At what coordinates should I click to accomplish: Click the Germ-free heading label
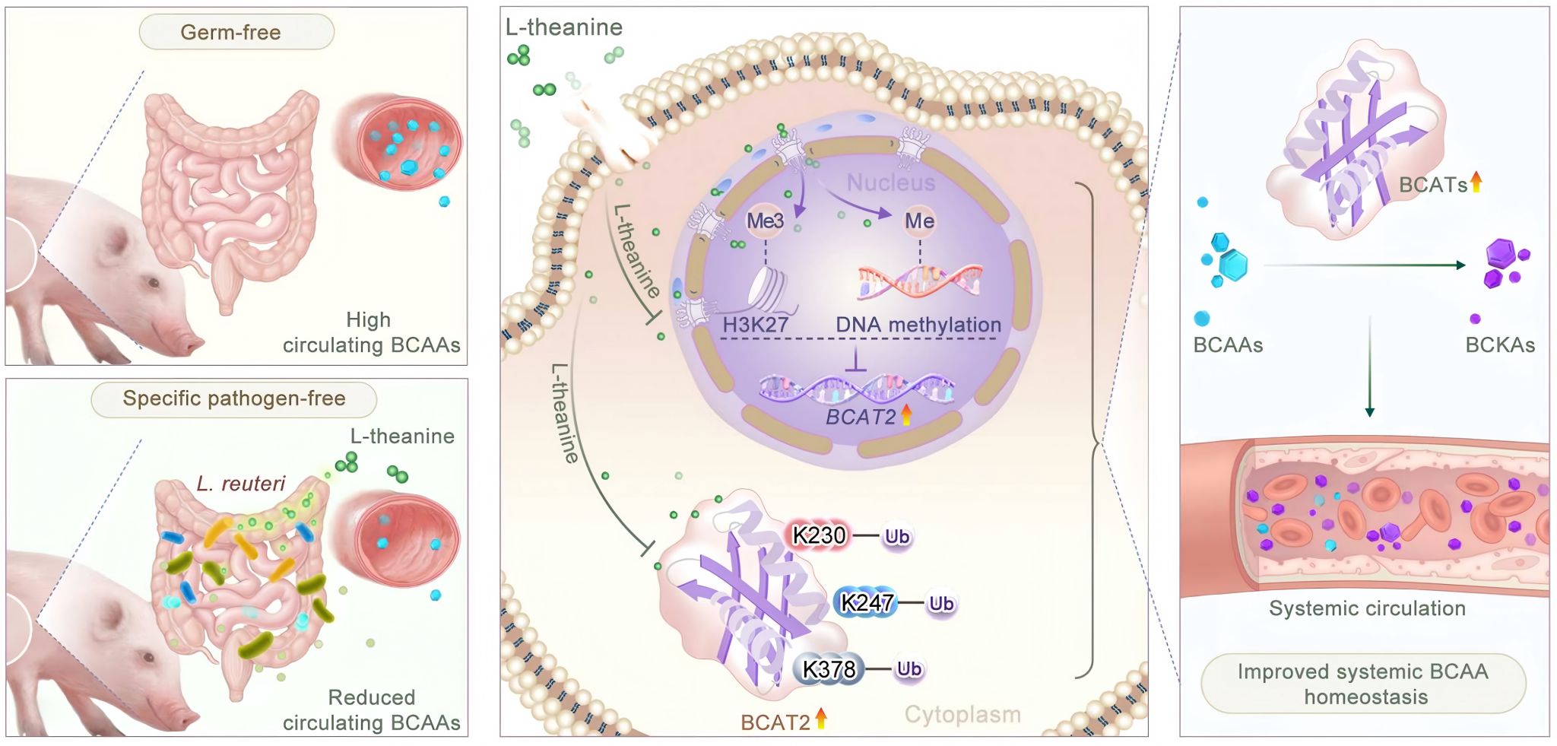coord(231,33)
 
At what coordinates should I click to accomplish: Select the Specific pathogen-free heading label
coord(234,398)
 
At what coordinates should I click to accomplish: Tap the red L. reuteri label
coord(240,484)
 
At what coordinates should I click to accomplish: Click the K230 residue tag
coord(819,536)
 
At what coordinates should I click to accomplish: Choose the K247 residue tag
coord(867,603)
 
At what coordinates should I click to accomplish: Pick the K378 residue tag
coord(829,669)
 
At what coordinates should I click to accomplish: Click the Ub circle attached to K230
coord(897,537)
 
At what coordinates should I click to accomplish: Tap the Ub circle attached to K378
coord(909,669)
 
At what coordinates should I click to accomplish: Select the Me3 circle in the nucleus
coord(765,221)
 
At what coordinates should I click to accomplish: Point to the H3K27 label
coord(755,325)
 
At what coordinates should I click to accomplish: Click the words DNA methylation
coord(918,325)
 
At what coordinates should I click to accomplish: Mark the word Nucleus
coord(890,183)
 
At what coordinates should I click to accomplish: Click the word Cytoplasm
coord(962,715)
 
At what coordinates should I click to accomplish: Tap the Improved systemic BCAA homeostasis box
coord(1363,684)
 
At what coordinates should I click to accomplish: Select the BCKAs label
coord(1499,345)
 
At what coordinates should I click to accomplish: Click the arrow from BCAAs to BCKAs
coord(1365,265)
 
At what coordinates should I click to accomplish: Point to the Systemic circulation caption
coord(1367,608)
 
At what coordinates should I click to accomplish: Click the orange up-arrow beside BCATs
coord(1476,183)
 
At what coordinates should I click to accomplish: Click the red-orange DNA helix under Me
coord(920,279)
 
